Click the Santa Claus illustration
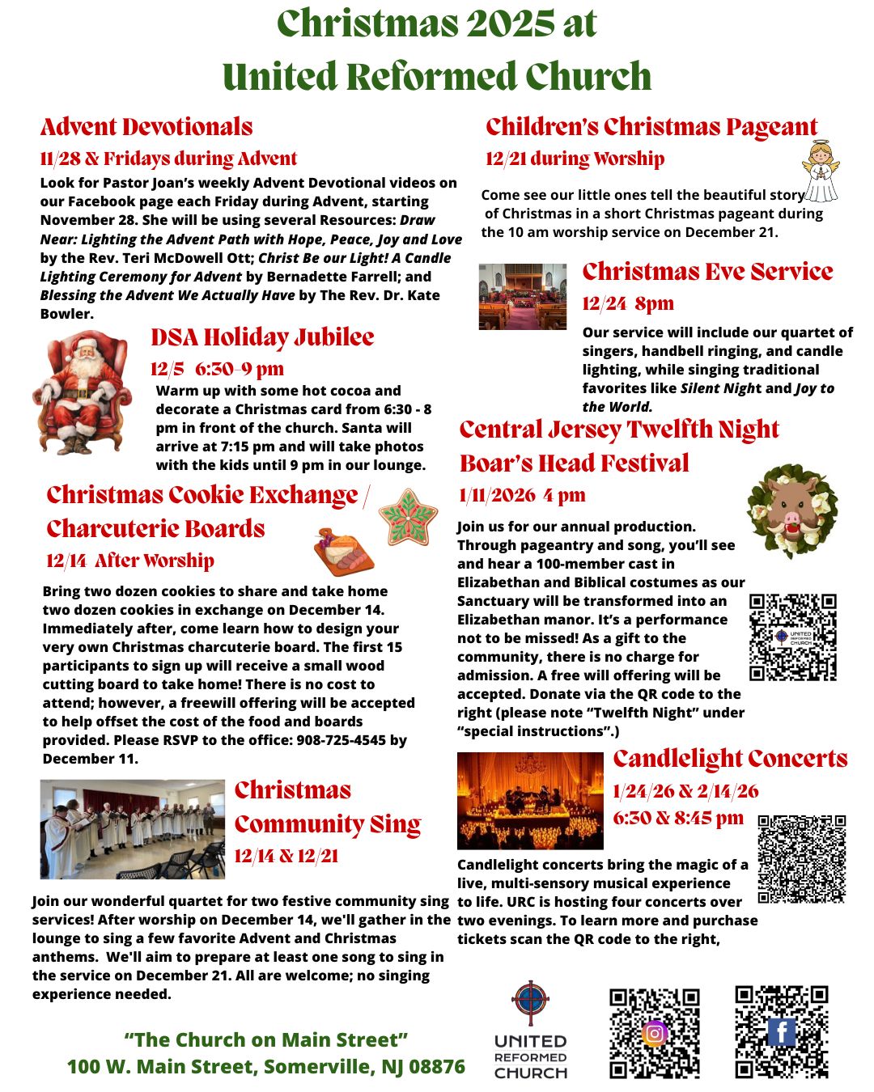click(82, 392)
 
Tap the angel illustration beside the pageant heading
click(820, 171)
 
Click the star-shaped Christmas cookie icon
click(408, 517)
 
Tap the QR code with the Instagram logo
click(655, 1033)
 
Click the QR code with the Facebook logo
click(782, 1031)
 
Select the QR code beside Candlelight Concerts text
click(802, 859)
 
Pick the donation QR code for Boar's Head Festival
click(792, 637)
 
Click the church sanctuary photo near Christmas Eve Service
click(522, 296)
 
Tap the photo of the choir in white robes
click(133, 829)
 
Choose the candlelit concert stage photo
click(530, 800)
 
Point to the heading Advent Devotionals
click(146, 127)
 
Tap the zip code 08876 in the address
click(438, 1067)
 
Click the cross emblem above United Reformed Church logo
click(530, 1002)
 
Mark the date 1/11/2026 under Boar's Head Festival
click(498, 495)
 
